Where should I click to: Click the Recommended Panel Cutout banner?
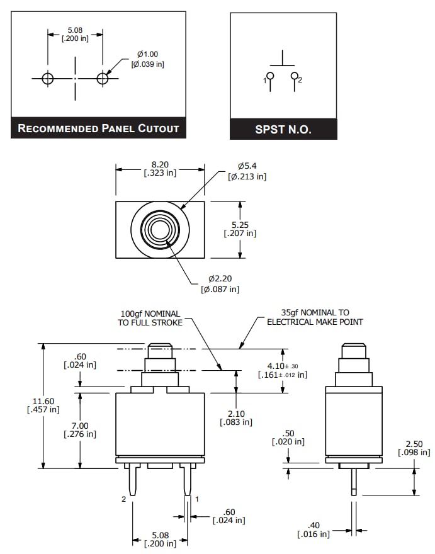(x=98, y=128)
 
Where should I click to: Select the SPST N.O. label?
(x=283, y=130)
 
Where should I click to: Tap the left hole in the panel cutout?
(x=48, y=78)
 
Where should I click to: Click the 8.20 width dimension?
(x=160, y=167)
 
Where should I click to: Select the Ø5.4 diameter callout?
(x=247, y=171)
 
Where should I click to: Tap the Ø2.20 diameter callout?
(x=220, y=284)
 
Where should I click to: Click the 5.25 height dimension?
(x=240, y=229)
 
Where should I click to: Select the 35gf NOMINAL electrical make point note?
(x=315, y=317)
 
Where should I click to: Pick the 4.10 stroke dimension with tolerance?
(x=283, y=370)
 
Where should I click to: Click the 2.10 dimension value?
(x=235, y=417)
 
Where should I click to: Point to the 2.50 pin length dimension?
(x=414, y=448)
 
